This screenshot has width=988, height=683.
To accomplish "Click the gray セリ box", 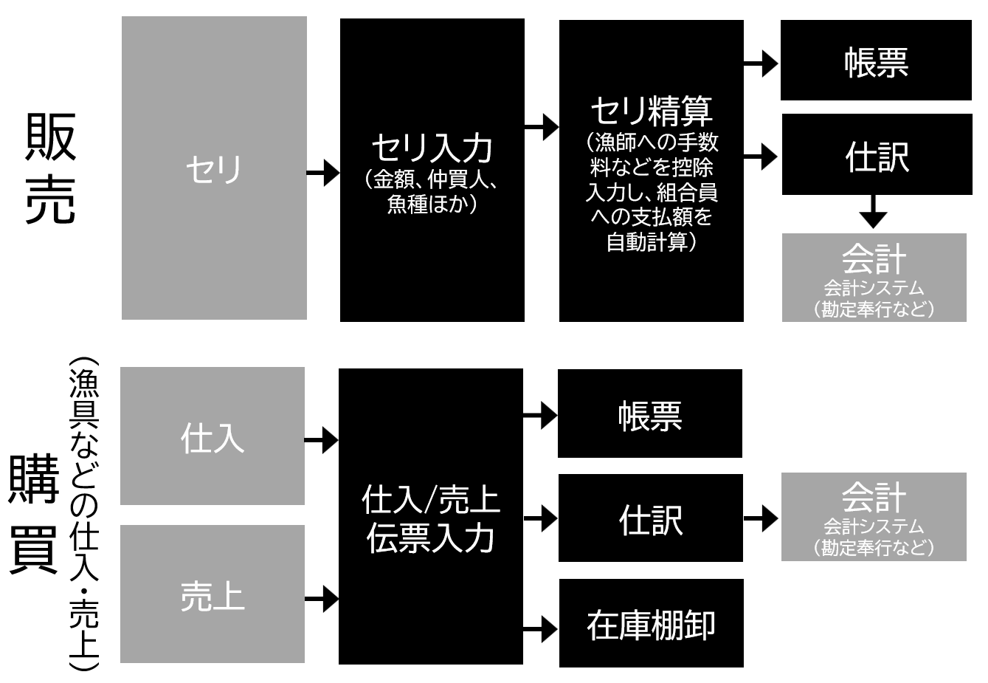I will pos(214,168).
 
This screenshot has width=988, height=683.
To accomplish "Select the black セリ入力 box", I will pos(432,171).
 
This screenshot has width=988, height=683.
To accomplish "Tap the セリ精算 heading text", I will pos(652,111).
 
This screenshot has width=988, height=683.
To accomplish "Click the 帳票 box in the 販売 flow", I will pos(876,61).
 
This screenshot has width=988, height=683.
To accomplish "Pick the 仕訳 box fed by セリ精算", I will pos(877,155).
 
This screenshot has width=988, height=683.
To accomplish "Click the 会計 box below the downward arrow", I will pos(874,278).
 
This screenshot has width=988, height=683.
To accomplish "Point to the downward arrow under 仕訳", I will pos(874,212).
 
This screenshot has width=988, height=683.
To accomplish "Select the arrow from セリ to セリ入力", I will pos(323,174).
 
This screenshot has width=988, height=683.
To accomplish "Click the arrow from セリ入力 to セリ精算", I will pos(542,127).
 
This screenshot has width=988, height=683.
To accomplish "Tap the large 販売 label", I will pos(50,168).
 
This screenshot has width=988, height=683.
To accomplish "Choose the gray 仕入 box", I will pos(213,436).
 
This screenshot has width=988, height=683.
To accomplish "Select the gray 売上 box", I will pos(213,594).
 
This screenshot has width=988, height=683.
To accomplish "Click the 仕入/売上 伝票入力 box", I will pos(431,517).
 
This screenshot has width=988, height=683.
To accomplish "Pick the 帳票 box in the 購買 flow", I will pos(650,414).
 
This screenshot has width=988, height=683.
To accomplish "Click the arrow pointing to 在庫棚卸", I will pos(541,630).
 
